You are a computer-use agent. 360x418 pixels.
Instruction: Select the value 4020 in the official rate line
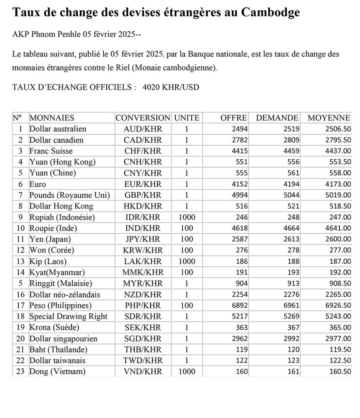pos(151,87)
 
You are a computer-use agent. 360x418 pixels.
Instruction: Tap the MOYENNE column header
pos(329,118)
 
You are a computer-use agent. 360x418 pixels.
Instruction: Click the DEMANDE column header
pos(277,118)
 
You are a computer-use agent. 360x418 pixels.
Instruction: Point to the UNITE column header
pos(186,118)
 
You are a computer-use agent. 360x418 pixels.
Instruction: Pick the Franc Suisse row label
pos(51,151)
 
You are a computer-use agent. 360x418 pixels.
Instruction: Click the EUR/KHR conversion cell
pos(143,184)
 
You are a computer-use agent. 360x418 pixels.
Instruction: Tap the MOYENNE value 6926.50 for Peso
pos(338,306)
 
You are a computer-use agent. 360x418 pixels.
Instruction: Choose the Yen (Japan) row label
pos(50,240)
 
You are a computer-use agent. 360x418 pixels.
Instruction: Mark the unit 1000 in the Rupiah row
pos(186,217)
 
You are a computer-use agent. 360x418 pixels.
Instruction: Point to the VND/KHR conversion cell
pos(143,372)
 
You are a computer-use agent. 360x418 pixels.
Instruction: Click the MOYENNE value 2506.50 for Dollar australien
pos(338,129)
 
